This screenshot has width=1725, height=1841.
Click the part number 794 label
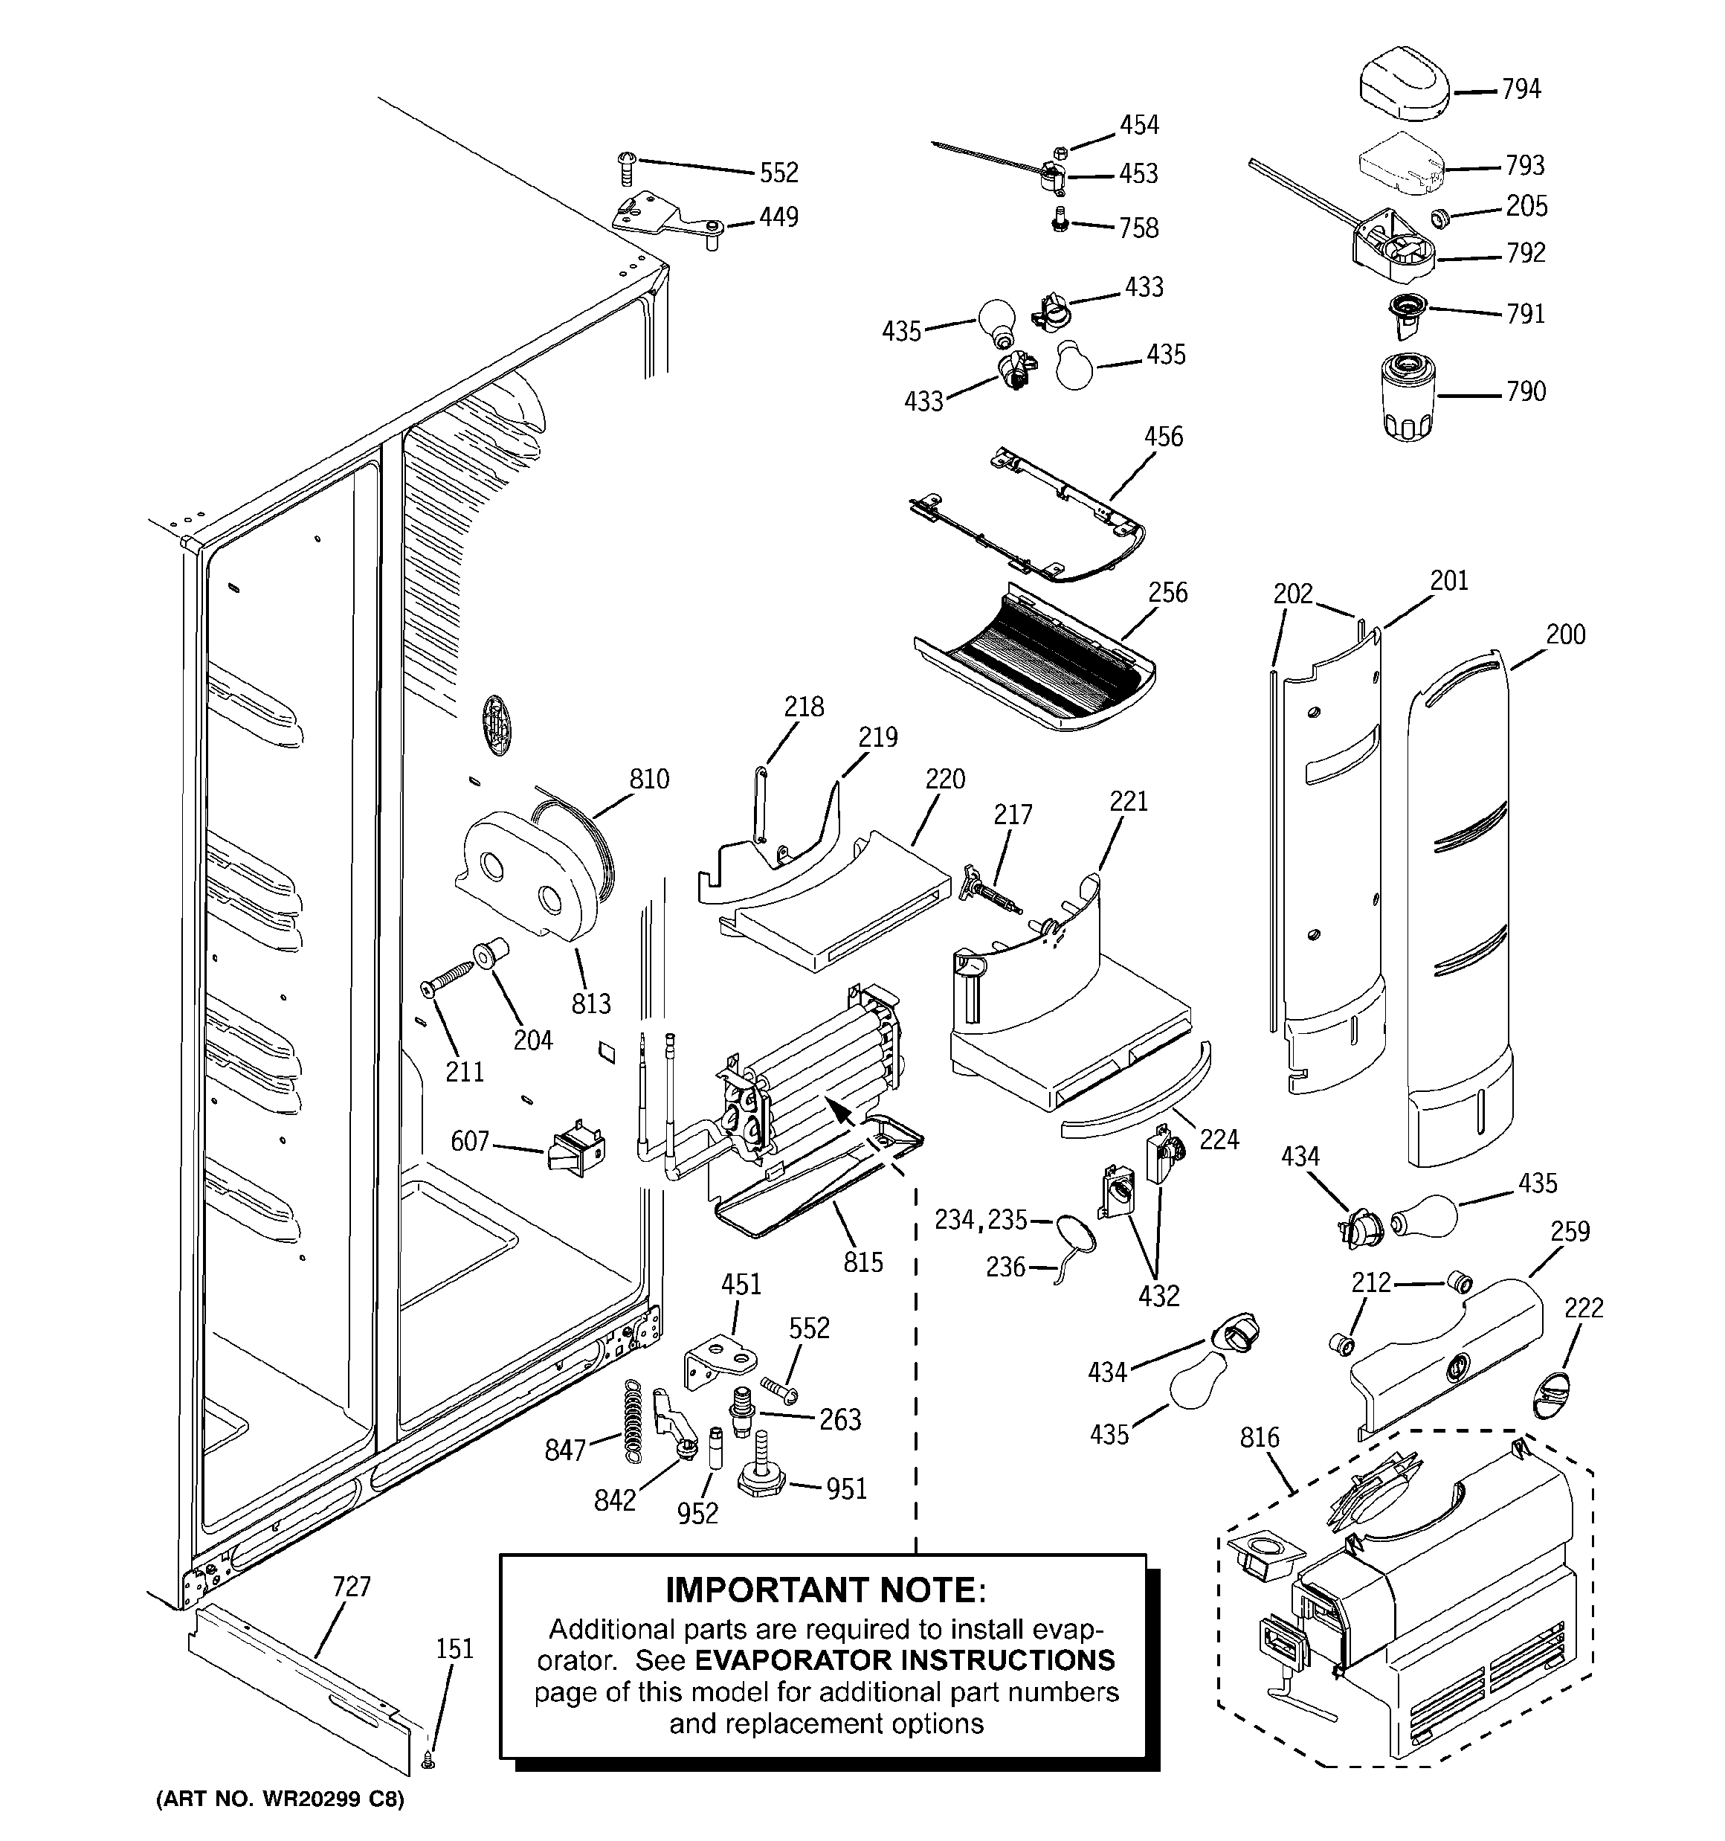click(x=1521, y=90)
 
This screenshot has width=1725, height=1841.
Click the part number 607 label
click(x=468, y=1141)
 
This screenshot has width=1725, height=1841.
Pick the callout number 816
click(x=1260, y=1437)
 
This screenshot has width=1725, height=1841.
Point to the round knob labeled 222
click(x=1552, y=1396)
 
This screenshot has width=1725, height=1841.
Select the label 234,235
click(x=980, y=1220)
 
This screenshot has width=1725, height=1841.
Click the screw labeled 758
click(x=1061, y=222)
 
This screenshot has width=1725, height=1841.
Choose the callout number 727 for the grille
click(x=351, y=1587)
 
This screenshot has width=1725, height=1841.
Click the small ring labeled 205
click(x=1439, y=219)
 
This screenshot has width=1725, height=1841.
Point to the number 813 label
click(x=591, y=1003)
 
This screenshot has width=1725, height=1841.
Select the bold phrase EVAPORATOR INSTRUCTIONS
click(x=905, y=1660)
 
